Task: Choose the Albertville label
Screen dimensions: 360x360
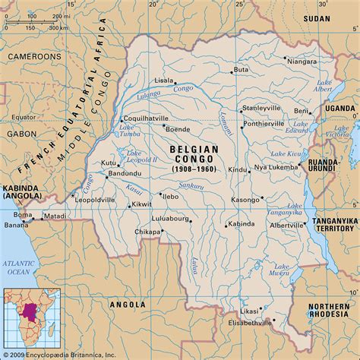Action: point(283,226)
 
